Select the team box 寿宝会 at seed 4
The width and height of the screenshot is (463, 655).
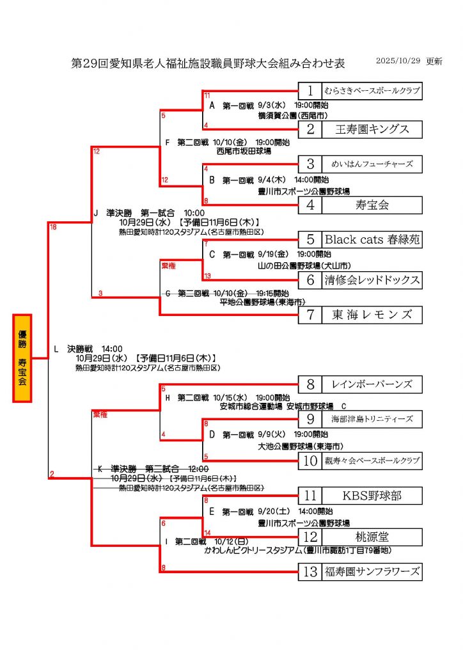[372, 205]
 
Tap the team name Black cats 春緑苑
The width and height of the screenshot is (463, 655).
[372, 240]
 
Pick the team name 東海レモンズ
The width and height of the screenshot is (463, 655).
[372, 315]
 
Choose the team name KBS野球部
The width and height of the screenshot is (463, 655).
[372, 495]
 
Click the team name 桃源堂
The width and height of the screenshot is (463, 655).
[372, 537]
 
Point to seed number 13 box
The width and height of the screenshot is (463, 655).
[310, 572]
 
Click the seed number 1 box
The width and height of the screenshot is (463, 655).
[310, 91]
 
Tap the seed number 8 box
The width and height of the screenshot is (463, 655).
[310, 384]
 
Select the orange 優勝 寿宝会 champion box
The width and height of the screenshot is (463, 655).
[22, 358]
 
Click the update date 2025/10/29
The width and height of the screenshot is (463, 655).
[398, 61]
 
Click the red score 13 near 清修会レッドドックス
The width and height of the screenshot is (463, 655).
[207, 276]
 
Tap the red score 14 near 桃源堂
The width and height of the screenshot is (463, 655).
[207, 532]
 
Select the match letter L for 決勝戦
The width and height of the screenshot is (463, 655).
[56, 349]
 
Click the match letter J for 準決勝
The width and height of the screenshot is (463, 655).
[95, 213]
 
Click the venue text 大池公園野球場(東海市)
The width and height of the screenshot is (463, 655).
[299, 446]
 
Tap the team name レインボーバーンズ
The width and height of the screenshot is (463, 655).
[372, 384]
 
